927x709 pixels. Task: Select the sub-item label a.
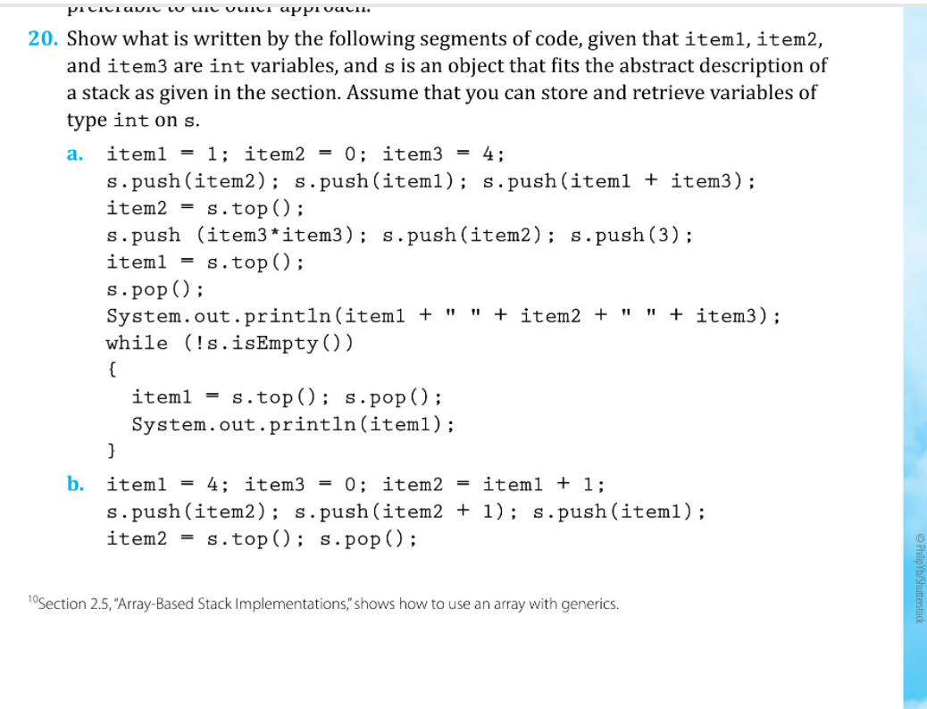[75, 154]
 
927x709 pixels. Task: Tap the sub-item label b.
[76, 485]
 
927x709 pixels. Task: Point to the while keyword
[137, 343]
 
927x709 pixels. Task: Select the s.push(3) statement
[631, 236]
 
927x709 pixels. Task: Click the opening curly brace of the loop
[112, 369]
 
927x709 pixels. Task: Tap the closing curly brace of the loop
[112, 449]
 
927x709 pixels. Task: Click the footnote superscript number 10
[33, 600]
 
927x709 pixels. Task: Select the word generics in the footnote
[586, 605]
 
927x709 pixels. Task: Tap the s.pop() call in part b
[367, 538]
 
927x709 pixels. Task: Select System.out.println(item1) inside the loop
[293, 424]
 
